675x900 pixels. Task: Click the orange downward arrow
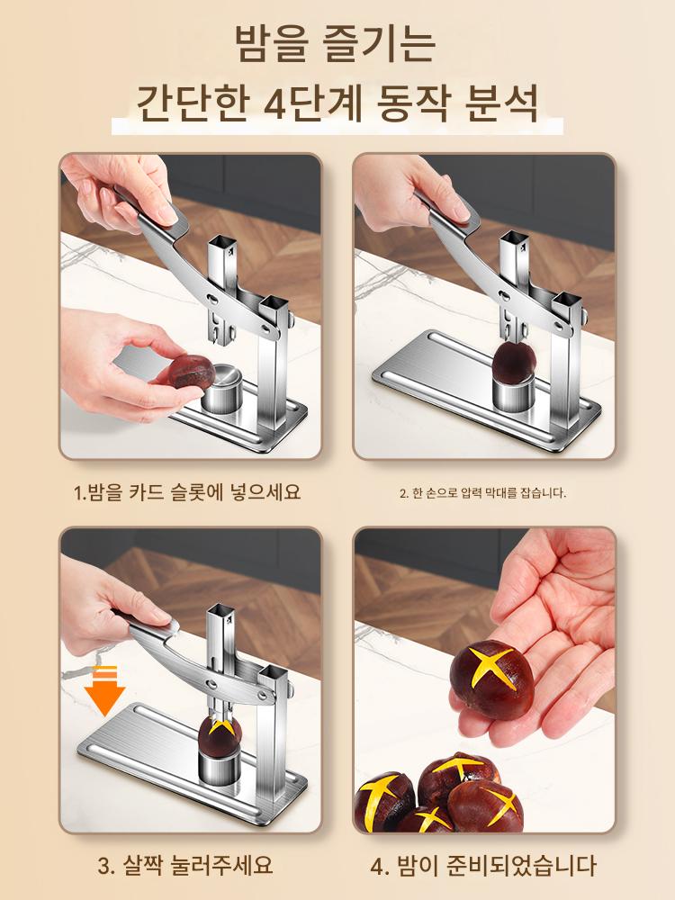pos(104,690)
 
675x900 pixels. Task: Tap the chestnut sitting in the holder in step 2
pos(514,363)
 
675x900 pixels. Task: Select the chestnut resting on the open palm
pos(492,679)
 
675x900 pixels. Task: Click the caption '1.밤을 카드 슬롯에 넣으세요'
pos(187,492)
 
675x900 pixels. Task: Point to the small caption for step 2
pos(482,493)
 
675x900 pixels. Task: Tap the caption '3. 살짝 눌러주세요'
pos(184,865)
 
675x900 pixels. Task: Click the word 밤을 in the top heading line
pos(267,44)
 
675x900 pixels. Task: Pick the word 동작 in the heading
pos(414,104)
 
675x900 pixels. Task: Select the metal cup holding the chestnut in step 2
pos(514,394)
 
